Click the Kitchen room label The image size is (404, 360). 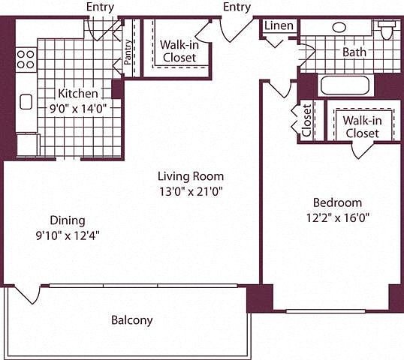point(78,94)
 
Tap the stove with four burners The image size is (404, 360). point(26,59)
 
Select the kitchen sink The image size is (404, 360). point(26,102)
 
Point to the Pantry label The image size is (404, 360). point(128,52)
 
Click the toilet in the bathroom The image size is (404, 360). point(387,29)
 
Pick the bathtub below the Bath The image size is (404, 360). point(345,85)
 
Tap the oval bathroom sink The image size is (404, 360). point(339,27)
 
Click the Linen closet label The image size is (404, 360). point(279,25)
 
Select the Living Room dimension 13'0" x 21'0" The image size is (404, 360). point(191,191)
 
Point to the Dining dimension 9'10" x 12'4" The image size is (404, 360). point(68,235)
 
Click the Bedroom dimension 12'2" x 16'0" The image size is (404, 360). point(338,218)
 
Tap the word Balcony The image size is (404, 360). point(132,320)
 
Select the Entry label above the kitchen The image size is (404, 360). point(100,7)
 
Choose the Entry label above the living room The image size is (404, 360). point(237,7)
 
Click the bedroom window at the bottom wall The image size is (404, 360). point(326,311)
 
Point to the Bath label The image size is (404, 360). point(354,52)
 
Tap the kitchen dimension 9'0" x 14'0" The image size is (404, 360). point(78,109)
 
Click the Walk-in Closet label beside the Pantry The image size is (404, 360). point(179,51)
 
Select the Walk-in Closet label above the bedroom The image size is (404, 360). point(362,127)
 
